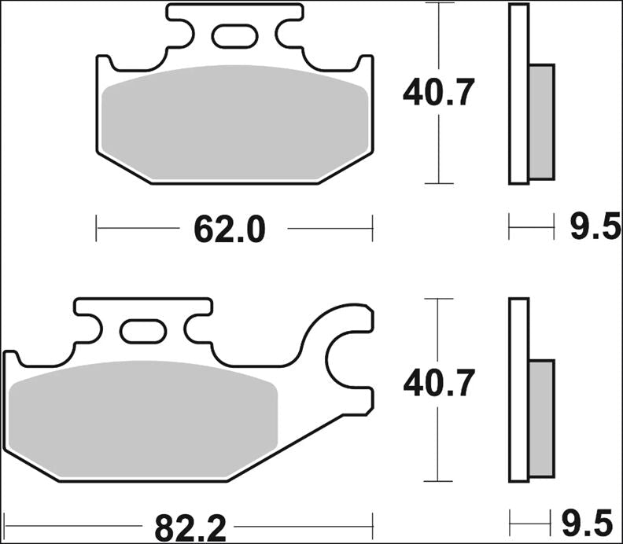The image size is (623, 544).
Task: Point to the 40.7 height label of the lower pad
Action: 438,384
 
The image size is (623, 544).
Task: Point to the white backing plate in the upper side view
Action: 518,94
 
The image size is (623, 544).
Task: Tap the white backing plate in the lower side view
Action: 518,389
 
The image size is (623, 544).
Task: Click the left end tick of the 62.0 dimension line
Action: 96,229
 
